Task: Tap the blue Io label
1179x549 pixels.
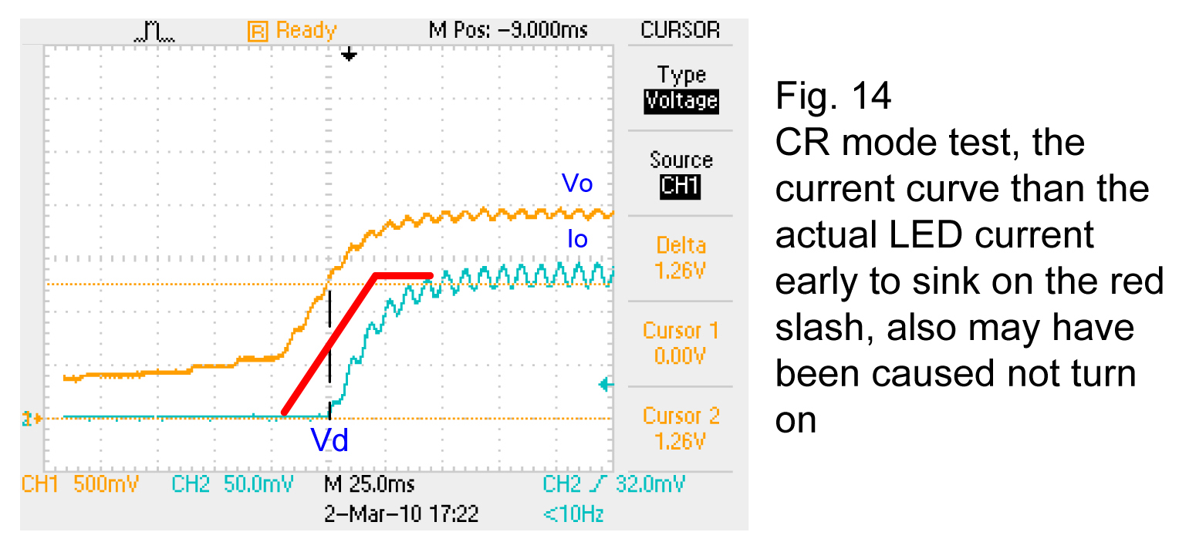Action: [x=577, y=239]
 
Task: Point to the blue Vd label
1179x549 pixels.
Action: [x=329, y=440]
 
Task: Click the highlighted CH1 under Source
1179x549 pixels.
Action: [x=681, y=187]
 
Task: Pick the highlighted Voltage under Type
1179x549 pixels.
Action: [x=681, y=101]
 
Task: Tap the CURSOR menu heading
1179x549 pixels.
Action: [x=680, y=31]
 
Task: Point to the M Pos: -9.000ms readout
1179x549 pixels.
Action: [x=508, y=31]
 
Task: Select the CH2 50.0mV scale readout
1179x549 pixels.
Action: [x=232, y=484]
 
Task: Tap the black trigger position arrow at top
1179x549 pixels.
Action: [x=350, y=55]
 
